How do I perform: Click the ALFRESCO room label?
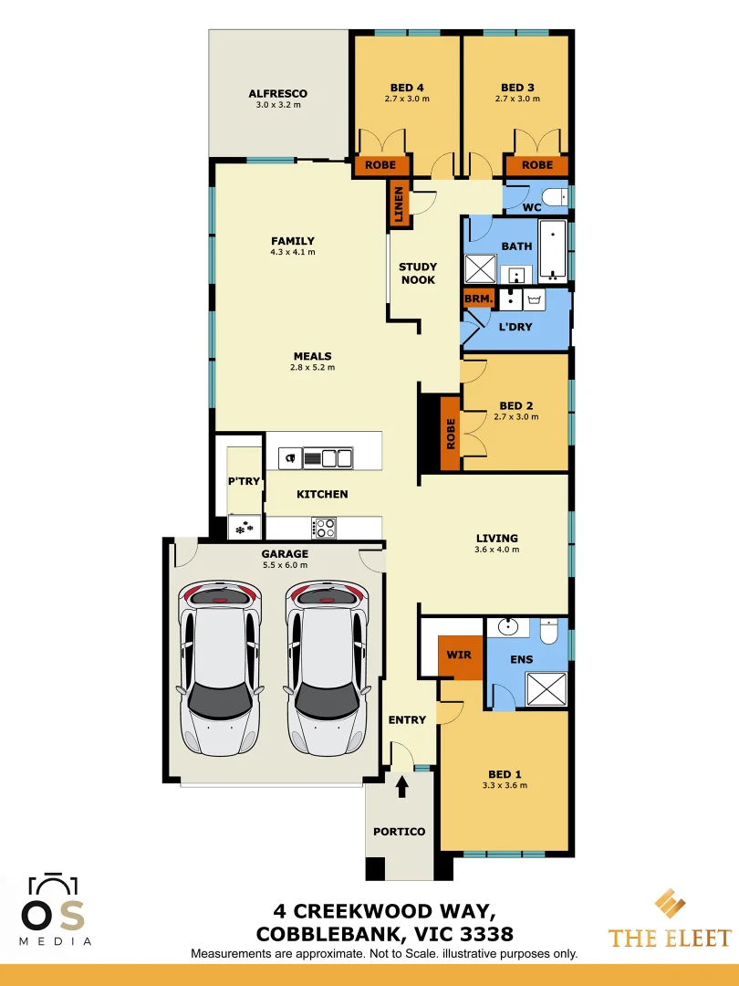point(277,93)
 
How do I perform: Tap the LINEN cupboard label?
point(398,203)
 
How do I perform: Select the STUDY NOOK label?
point(417,274)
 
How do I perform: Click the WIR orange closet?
point(458,656)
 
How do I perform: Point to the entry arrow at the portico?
point(402,785)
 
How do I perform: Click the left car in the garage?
point(219,667)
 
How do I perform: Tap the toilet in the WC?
point(554,196)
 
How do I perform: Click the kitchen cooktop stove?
point(325,528)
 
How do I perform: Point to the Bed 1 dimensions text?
point(505,785)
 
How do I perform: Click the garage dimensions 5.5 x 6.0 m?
point(285,564)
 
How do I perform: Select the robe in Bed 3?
point(536,165)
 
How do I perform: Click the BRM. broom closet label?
point(478,299)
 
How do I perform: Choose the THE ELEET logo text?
point(670,938)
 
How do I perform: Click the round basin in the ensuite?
point(506,628)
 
